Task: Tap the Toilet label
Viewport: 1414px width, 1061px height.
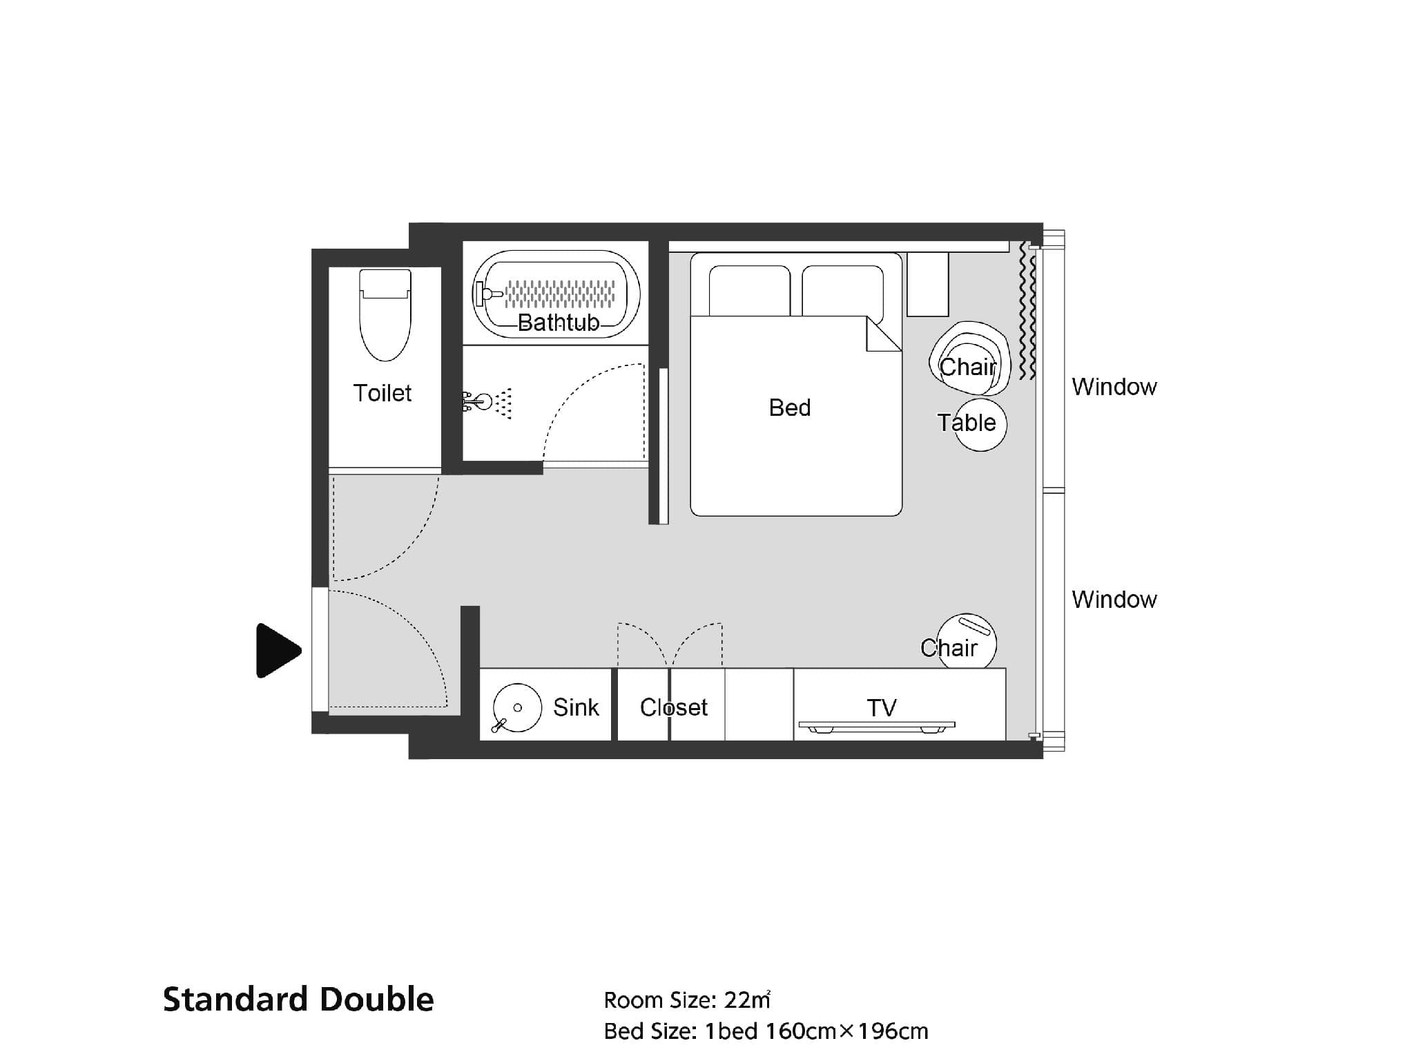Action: [382, 393]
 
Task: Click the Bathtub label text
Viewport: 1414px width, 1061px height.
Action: [559, 323]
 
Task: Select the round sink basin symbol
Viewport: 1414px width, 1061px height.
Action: [516, 707]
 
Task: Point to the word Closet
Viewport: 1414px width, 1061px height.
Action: [674, 707]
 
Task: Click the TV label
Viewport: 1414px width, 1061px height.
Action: [882, 707]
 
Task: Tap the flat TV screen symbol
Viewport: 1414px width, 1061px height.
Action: [877, 727]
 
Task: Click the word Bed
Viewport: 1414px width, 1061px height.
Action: [790, 408]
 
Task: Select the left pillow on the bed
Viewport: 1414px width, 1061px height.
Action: [750, 291]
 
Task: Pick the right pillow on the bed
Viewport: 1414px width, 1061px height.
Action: [842, 291]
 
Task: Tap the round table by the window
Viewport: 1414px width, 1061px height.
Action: [980, 424]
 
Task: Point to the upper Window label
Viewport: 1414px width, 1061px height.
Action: [1114, 387]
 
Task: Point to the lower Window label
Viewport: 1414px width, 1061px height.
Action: [1114, 600]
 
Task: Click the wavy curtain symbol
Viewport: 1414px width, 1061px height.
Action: [1028, 311]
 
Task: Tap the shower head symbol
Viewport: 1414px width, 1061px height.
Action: [489, 401]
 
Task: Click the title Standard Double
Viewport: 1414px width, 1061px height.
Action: [298, 1000]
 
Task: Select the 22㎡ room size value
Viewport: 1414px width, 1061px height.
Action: [747, 1000]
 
